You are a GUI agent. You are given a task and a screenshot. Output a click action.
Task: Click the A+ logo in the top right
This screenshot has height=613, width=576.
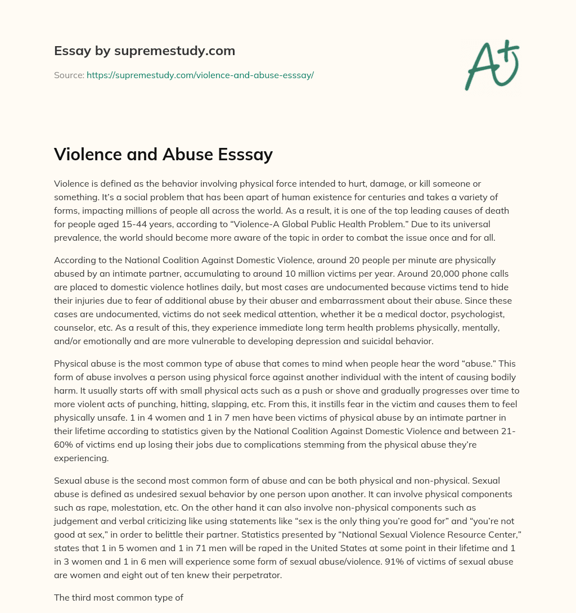coord(492,65)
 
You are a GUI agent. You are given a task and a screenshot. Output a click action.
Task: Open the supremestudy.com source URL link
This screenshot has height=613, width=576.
coord(200,75)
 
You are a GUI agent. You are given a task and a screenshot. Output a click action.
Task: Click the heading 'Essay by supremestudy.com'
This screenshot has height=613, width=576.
coord(145,51)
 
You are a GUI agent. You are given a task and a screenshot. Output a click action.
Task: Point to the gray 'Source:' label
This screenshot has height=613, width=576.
coord(69,75)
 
